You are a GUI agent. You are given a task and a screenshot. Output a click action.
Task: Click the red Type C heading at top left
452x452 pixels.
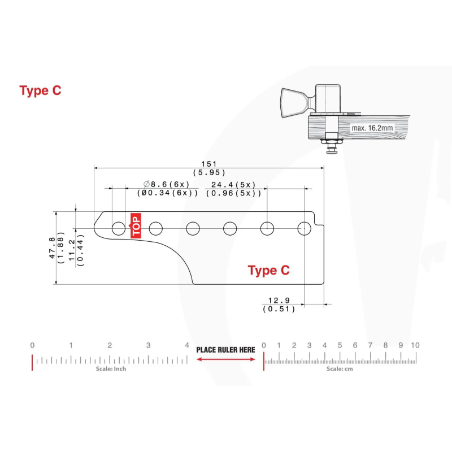(x=40, y=91)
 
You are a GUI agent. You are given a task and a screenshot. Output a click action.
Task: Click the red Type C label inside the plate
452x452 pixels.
(x=269, y=271)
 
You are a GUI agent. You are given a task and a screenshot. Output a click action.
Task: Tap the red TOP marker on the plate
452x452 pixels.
(x=136, y=225)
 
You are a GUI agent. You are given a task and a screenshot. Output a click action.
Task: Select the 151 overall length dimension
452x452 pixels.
(x=209, y=164)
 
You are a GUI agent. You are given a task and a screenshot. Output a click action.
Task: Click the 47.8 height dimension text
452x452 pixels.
(x=52, y=248)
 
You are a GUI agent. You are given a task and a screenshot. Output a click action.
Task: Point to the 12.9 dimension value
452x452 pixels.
(x=279, y=301)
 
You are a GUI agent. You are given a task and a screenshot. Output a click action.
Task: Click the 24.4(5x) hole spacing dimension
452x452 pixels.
(x=233, y=185)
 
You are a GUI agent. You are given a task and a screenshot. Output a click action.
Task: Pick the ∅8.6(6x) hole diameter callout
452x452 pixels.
(x=166, y=184)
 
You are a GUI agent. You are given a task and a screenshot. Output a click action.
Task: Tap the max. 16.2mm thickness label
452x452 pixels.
(x=372, y=128)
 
